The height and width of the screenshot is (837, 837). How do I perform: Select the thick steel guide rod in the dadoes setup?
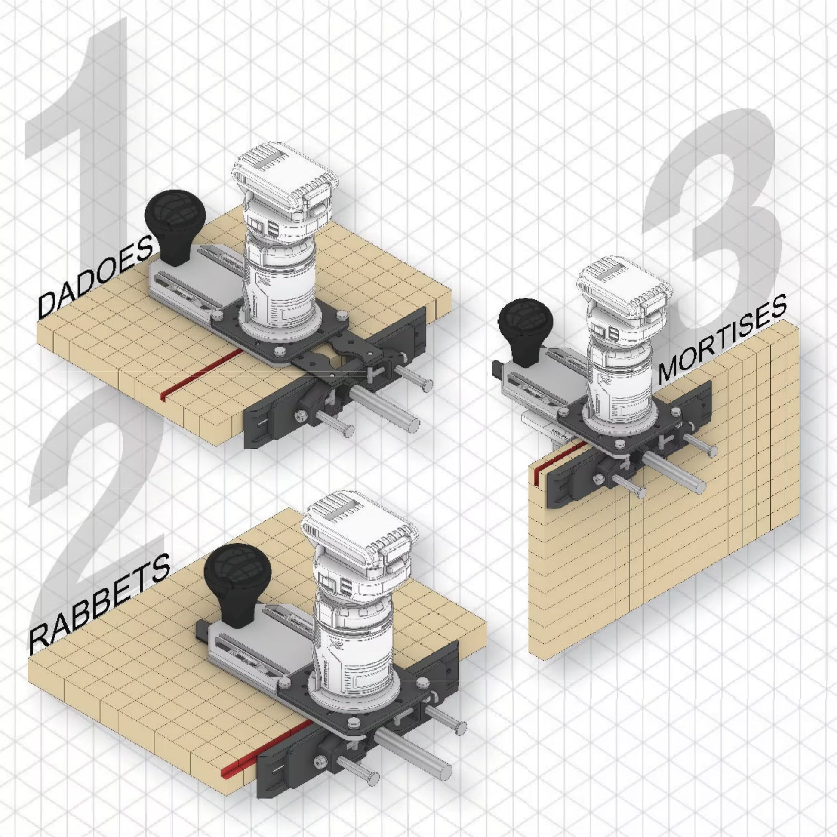pyautogui.click(x=383, y=403)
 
